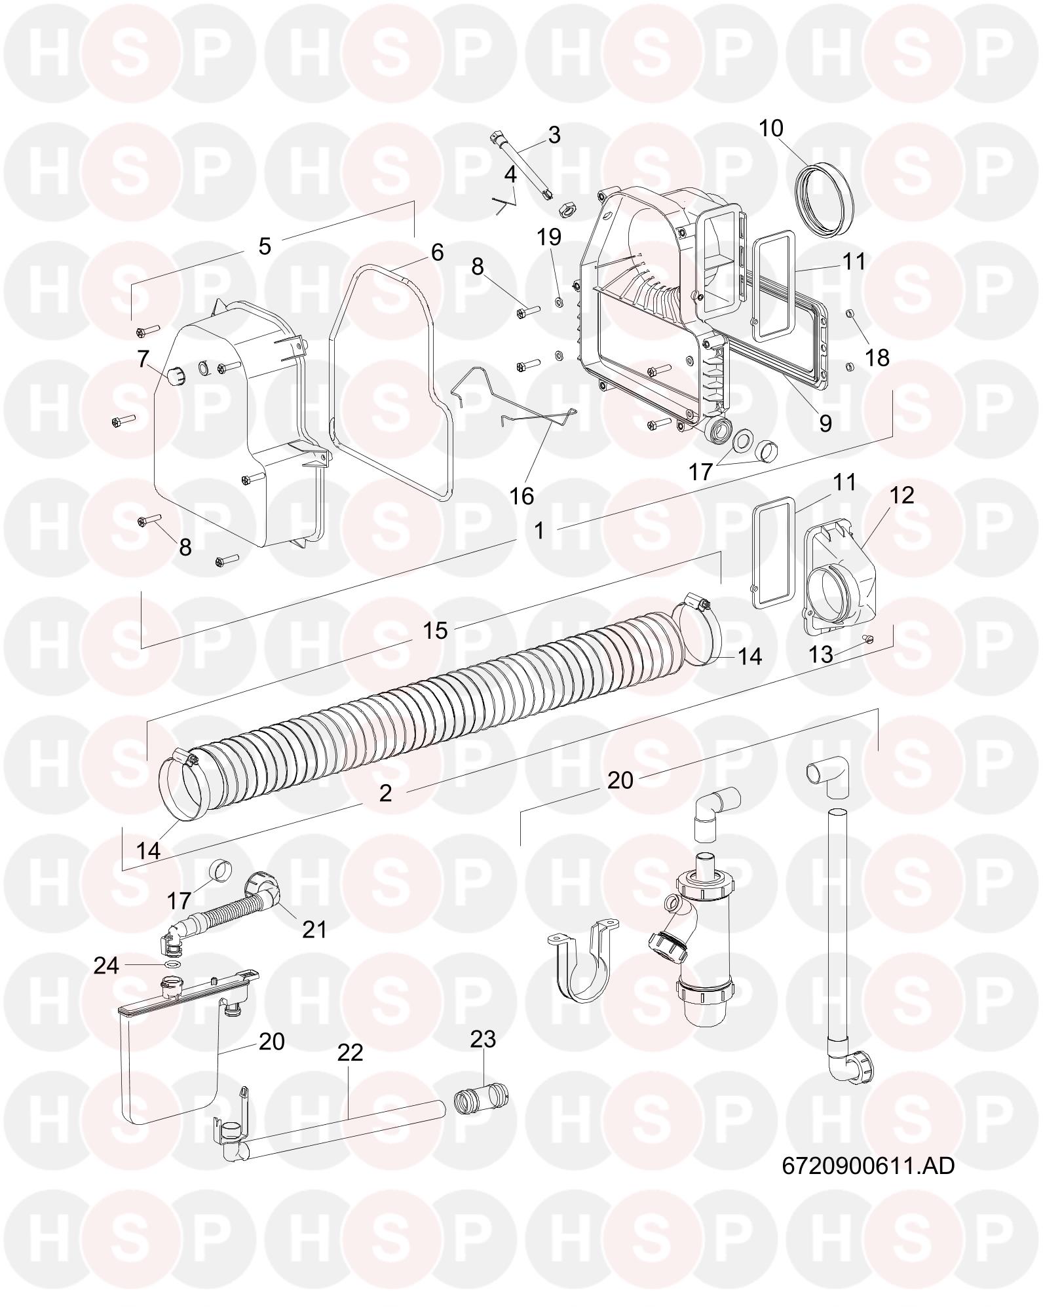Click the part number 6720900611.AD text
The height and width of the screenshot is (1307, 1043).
pyautogui.click(x=868, y=1165)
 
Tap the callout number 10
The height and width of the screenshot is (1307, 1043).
pyautogui.click(x=771, y=128)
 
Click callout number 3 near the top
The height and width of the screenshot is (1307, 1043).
pyautogui.click(x=554, y=136)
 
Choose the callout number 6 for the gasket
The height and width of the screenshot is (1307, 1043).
pyautogui.click(x=437, y=252)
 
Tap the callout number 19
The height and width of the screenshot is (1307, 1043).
pyautogui.click(x=550, y=237)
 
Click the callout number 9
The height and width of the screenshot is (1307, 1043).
pyautogui.click(x=825, y=423)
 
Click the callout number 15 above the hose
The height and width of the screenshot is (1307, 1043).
pyautogui.click(x=435, y=630)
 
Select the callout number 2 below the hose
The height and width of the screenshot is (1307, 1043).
pyautogui.click(x=386, y=792)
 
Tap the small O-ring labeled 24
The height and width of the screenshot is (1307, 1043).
pyautogui.click(x=172, y=964)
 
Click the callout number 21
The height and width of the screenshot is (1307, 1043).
pyautogui.click(x=314, y=929)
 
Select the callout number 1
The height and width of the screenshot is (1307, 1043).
pyautogui.click(x=539, y=530)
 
